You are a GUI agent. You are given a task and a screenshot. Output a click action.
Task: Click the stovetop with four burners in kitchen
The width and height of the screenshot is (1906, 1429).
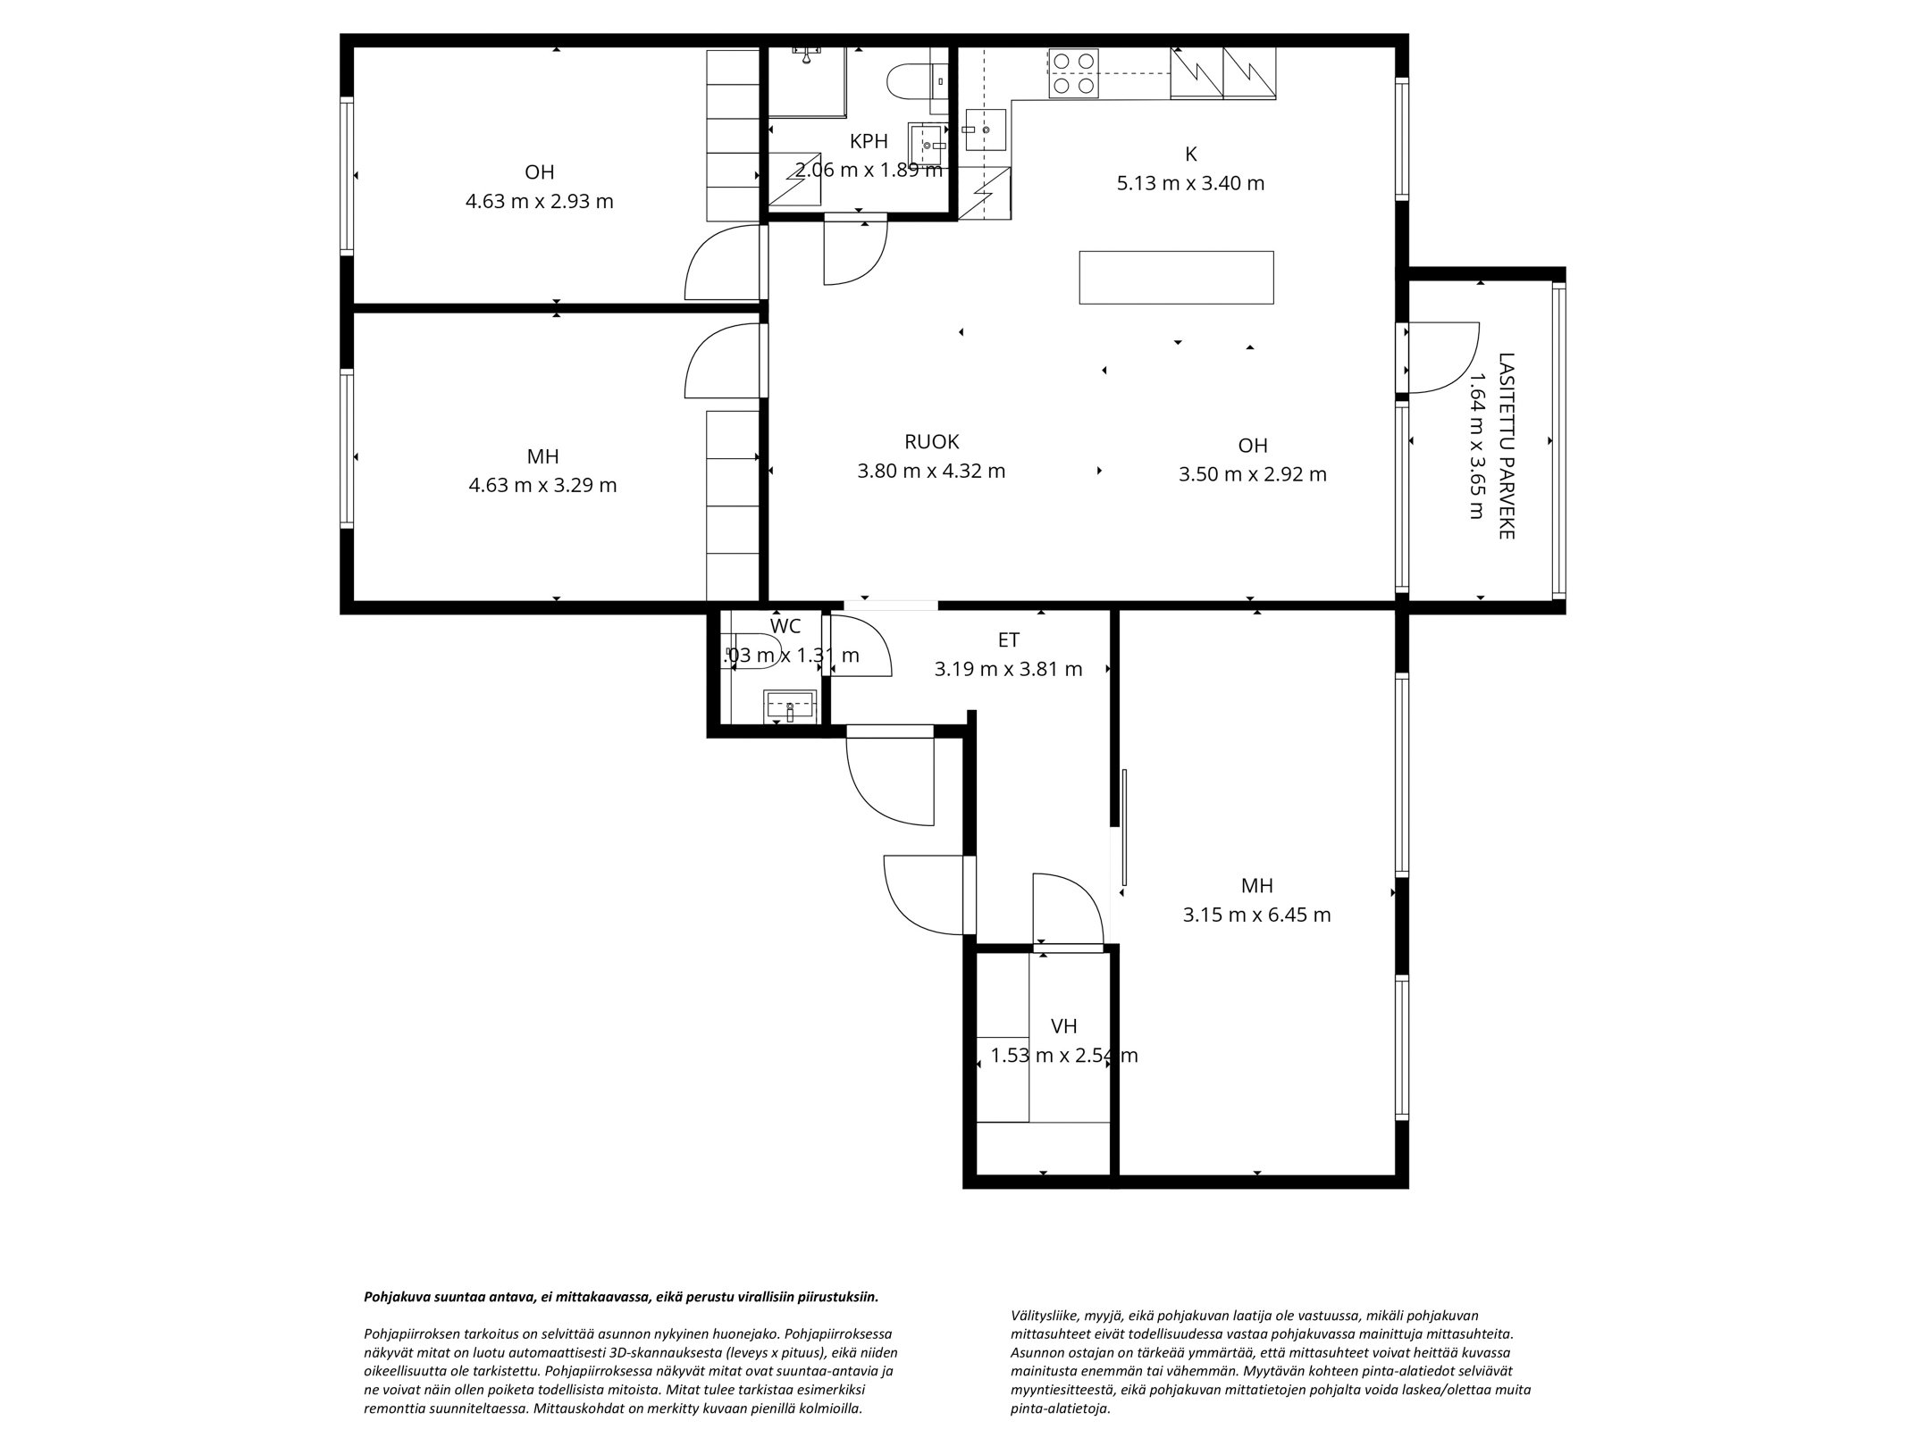tap(1072, 72)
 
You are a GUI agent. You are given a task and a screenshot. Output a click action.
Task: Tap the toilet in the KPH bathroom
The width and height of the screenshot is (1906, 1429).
tap(905, 81)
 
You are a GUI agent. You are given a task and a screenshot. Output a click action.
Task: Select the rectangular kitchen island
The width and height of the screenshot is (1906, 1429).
tap(1176, 278)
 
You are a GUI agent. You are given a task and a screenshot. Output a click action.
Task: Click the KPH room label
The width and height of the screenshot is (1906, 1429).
tap(868, 141)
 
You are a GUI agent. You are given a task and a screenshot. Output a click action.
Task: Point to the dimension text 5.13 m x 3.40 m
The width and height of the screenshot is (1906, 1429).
tap(1190, 184)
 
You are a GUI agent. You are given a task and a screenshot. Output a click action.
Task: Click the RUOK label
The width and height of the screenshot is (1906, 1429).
tap(931, 441)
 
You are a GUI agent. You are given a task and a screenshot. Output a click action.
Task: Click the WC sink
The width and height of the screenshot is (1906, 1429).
tap(789, 706)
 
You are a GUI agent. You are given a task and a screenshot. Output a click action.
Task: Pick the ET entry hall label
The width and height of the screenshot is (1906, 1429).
tap(1008, 639)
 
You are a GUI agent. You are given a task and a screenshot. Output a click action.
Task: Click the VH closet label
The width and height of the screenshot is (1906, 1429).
tap(1063, 1026)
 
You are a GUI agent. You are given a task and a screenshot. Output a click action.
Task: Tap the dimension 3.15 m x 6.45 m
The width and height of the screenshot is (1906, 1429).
tap(1256, 915)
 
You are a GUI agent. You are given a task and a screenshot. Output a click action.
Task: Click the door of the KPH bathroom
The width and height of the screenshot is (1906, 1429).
tap(853, 252)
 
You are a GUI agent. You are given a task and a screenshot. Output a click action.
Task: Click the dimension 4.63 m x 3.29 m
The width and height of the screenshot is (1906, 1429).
tap(542, 486)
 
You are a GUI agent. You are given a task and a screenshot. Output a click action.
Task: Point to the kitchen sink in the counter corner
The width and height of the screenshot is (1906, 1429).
tap(986, 130)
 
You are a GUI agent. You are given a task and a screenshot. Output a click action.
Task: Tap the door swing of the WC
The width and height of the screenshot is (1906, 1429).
tap(858, 647)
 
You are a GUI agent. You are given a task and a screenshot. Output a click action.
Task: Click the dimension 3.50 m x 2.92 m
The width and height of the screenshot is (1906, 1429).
tap(1252, 475)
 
